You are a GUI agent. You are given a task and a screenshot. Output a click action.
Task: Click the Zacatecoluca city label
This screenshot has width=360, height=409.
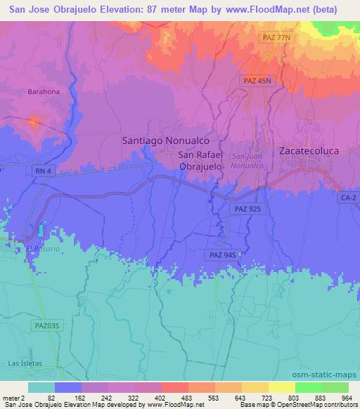(x=309, y=150)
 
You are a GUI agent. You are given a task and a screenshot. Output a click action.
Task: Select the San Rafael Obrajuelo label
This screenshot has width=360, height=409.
(x=201, y=161)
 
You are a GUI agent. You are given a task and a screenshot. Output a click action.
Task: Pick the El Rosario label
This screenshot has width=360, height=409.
(x=39, y=249)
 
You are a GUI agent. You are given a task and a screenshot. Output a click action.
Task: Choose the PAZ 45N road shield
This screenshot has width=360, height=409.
(x=257, y=81)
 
